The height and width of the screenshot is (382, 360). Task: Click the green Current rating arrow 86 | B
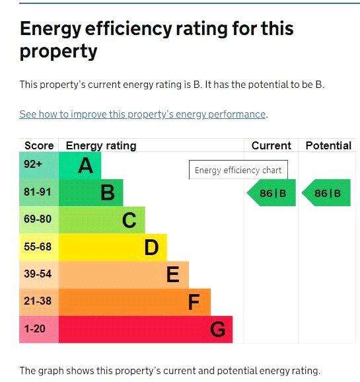coord(271,193)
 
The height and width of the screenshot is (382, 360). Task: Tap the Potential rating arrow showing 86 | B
coord(326,193)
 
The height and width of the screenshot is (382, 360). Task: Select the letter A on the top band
coord(85,165)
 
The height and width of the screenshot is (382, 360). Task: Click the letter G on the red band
coord(218,329)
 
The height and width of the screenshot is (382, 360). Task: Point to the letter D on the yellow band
coord(151,248)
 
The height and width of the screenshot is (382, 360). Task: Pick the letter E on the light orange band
coord(173,274)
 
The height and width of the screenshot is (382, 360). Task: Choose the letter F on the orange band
coord(194,302)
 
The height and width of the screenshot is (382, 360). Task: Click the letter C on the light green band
coord(129,220)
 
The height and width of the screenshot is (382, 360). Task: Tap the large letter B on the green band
coord(108,193)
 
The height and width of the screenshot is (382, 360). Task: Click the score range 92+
coord(33,164)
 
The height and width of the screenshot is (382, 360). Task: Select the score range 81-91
coord(38,192)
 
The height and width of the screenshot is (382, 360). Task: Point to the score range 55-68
coord(38,247)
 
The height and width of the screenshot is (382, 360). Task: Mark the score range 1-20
coord(34,329)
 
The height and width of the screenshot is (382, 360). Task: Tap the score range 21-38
coord(38,301)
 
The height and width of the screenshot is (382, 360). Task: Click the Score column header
coord(39,145)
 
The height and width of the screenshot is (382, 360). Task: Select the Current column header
coord(271,145)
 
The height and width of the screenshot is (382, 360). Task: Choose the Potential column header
coord(328,145)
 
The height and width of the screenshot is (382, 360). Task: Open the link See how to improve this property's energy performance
coord(143,114)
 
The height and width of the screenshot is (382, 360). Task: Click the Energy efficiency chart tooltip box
coord(238,170)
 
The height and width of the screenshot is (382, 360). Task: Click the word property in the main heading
coord(58,52)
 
